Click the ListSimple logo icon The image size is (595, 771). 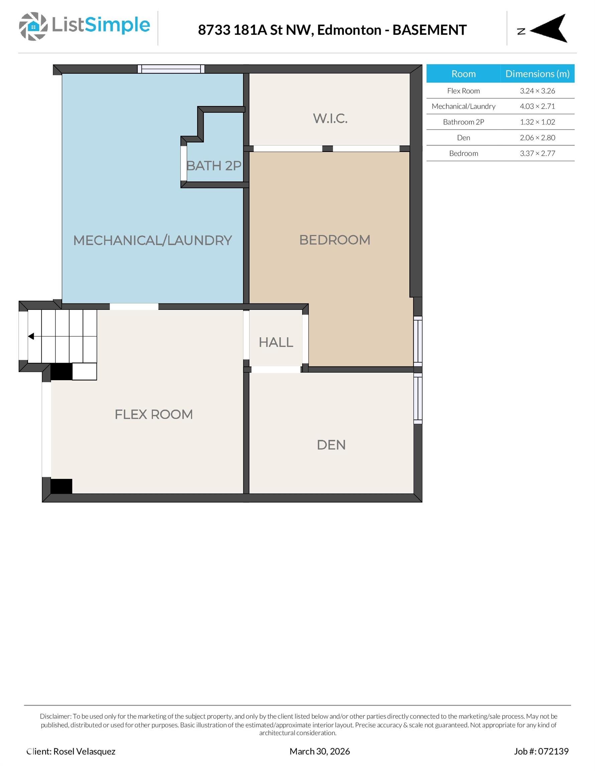coord(33,26)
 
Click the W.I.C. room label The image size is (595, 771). coord(330,118)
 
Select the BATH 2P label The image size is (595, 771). coord(214,166)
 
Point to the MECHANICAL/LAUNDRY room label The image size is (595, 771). coord(152,240)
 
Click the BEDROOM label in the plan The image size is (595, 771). coord(335,240)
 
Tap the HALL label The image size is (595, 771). coord(276,342)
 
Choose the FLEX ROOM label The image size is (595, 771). coord(154,414)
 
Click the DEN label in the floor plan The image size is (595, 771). coord(331,445)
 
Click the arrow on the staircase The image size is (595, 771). coord(31,336)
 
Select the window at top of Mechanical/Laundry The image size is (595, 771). coord(171,69)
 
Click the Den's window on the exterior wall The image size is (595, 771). coord(418,398)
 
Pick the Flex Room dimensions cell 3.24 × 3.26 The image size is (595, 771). coord(537,91)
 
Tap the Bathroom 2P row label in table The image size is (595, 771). coord(463,122)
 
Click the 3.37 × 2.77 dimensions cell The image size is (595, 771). coord(537,153)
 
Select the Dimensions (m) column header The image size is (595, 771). coord(537,74)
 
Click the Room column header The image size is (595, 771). coord(463,74)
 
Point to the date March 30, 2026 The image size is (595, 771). coord(320,751)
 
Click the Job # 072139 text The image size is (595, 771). coord(541,751)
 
